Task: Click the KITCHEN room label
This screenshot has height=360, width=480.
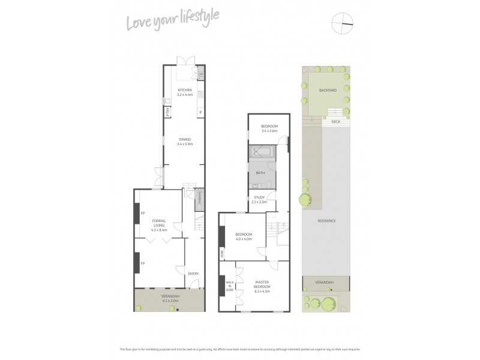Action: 184,90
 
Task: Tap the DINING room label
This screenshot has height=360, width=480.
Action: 184,140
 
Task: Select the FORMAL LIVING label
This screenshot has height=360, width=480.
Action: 159,222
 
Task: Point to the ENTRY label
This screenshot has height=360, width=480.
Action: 193,274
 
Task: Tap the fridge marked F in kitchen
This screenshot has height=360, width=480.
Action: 200,112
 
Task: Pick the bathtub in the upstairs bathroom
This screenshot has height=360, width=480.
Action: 262,152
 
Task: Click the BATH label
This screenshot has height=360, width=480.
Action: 260,173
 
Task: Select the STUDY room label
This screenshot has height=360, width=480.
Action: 260,197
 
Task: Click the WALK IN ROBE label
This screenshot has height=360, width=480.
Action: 229,286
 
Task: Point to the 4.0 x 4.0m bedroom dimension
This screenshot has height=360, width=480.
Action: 244,239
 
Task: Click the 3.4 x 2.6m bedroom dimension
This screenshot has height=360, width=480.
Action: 268,130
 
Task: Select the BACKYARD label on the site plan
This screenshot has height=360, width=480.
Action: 328,91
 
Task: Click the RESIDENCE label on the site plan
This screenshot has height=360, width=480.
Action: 327,221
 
